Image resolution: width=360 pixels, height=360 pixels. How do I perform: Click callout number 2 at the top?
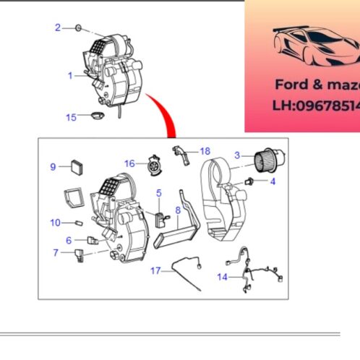click(x=58, y=27)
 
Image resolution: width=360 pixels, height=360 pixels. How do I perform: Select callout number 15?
click(x=70, y=117)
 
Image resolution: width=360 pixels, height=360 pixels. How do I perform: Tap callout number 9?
click(x=53, y=167)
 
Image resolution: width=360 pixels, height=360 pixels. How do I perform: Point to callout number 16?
click(x=129, y=163)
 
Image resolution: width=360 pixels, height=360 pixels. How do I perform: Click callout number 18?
click(x=205, y=151)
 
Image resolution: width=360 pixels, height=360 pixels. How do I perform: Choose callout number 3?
click(x=236, y=155)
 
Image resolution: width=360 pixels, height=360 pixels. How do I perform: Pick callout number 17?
click(x=155, y=271)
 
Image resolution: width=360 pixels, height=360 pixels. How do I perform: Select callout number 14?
click(x=222, y=276)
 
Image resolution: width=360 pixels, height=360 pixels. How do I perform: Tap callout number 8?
click(x=177, y=211)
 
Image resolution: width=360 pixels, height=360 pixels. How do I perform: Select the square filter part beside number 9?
click(x=77, y=167)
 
